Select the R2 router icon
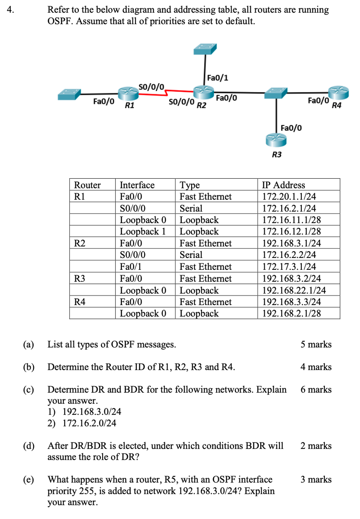[204, 92]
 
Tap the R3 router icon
[276, 140]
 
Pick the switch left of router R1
[69, 94]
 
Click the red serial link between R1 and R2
[179, 91]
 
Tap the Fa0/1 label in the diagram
[217, 78]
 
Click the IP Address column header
[283, 185]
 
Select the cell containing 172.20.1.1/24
[289, 197]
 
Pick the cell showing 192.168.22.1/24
[294, 290]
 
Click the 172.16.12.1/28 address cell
[291, 232]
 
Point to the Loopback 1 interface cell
[142, 232]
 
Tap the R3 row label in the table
[80, 279]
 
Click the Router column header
[87, 185]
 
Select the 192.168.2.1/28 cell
[291, 313]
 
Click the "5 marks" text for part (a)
[316, 344]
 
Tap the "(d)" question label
[29, 446]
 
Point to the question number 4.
[10, 10]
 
